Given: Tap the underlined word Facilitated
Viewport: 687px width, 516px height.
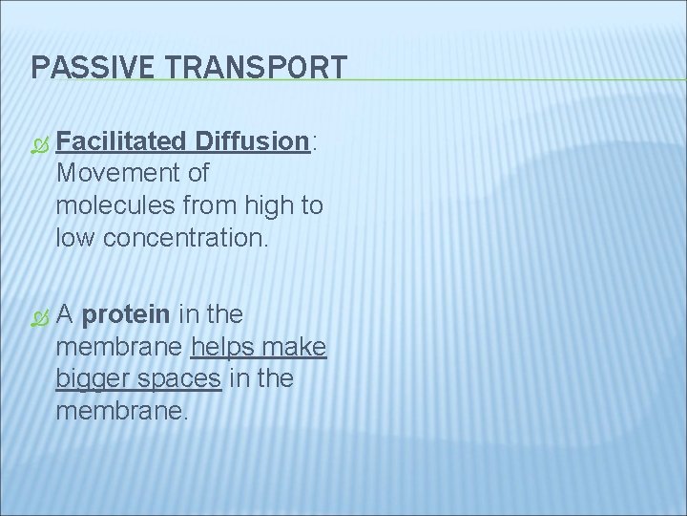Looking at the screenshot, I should point(120,141).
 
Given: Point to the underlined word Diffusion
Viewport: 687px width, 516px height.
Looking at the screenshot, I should point(252,141).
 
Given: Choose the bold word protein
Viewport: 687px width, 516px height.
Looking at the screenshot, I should point(126,314).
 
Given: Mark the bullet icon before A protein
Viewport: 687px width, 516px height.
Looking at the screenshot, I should point(38,315).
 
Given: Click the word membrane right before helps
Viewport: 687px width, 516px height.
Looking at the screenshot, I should point(121,347).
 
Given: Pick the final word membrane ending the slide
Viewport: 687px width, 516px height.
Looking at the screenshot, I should point(121,411).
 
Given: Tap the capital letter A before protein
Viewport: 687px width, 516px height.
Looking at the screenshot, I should point(66,314).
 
